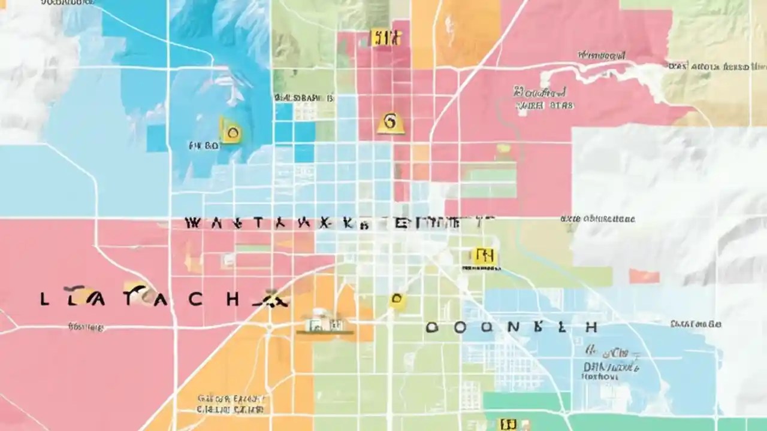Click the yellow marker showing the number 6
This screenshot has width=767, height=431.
[x=390, y=123]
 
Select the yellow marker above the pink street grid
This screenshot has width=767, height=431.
[x=385, y=38]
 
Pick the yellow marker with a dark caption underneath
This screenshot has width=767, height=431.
[x=483, y=257]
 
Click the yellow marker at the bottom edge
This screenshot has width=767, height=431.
[x=508, y=424]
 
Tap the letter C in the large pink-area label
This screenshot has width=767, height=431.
[x=195, y=299]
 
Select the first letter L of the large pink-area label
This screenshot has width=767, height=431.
[x=44, y=299]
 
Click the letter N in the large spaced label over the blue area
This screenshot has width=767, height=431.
[x=512, y=327]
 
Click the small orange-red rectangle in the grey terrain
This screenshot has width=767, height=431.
[x=644, y=276]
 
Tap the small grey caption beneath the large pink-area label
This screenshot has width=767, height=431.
[x=86, y=327]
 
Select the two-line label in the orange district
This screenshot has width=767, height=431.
[x=231, y=404]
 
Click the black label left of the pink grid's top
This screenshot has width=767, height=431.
[x=304, y=98]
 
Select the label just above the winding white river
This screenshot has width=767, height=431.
[x=600, y=56]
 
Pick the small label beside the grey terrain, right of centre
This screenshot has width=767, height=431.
[x=597, y=219]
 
